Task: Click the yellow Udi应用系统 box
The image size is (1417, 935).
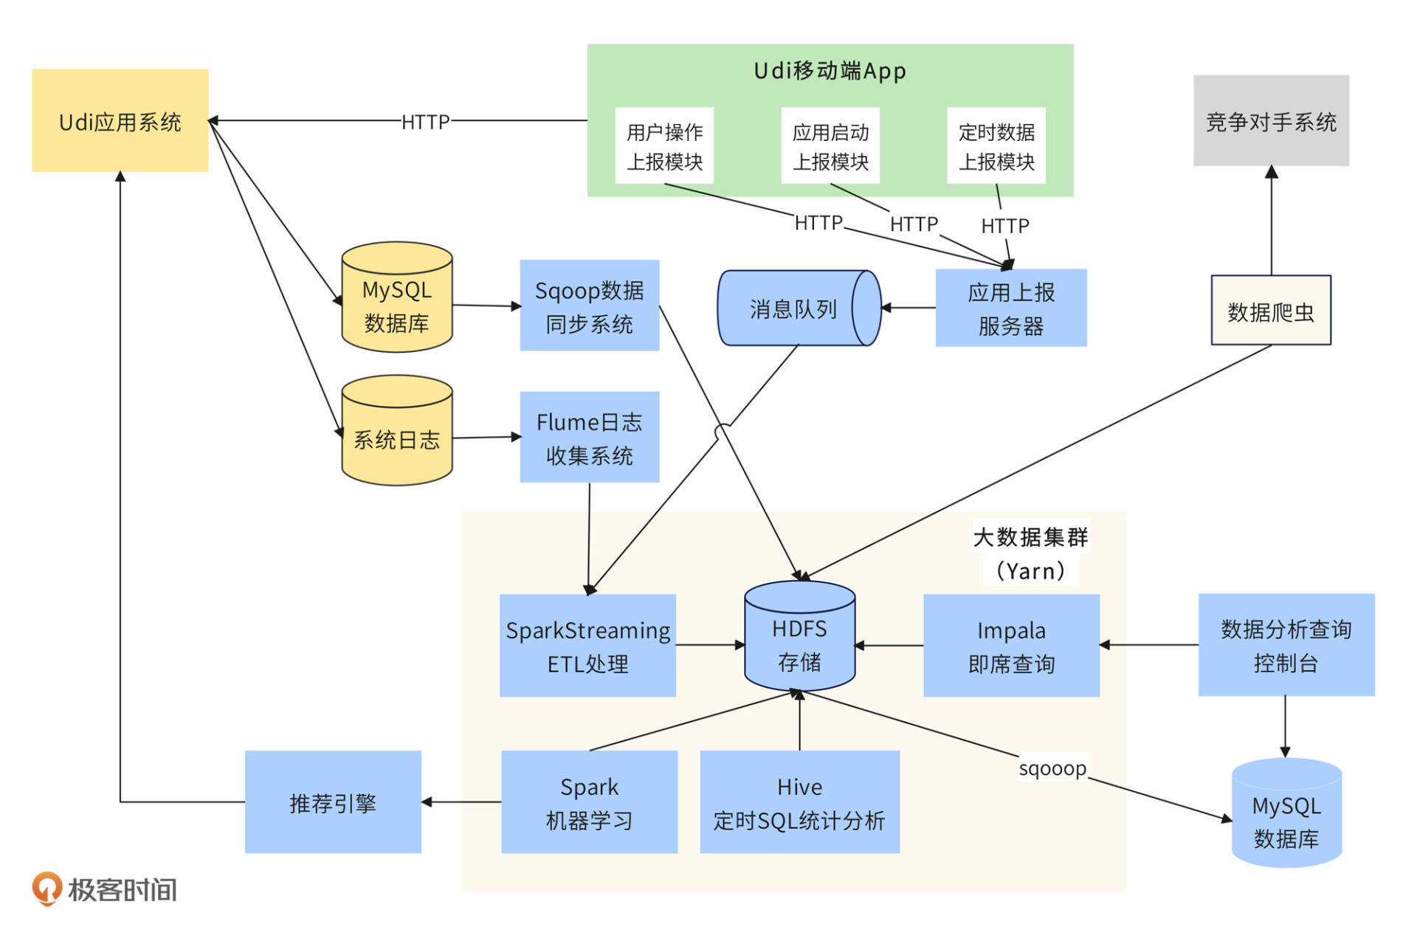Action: click(x=120, y=120)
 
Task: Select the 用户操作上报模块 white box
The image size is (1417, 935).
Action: click(x=664, y=145)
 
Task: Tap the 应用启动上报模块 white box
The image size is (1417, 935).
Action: click(x=830, y=145)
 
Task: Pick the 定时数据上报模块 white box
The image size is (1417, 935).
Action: click(x=996, y=145)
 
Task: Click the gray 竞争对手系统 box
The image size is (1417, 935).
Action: click(x=1271, y=120)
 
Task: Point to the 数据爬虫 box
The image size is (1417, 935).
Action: click(x=1270, y=310)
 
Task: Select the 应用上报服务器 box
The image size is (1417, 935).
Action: click(x=1010, y=308)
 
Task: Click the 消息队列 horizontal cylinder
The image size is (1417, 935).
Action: click(x=793, y=308)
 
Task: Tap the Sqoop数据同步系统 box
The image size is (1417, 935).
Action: click(x=589, y=305)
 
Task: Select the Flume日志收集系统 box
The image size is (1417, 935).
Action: click(x=589, y=437)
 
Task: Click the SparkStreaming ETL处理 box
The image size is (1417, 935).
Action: click(x=587, y=646)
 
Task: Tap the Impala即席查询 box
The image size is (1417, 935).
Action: click(x=1011, y=646)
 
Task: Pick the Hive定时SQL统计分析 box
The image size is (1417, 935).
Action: click(x=799, y=802)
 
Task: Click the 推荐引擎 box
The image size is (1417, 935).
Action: click(x=333, y=802)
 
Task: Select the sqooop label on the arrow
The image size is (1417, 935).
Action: click(x=1052, y=768)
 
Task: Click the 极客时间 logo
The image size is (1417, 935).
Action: click(x=104, y=889)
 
